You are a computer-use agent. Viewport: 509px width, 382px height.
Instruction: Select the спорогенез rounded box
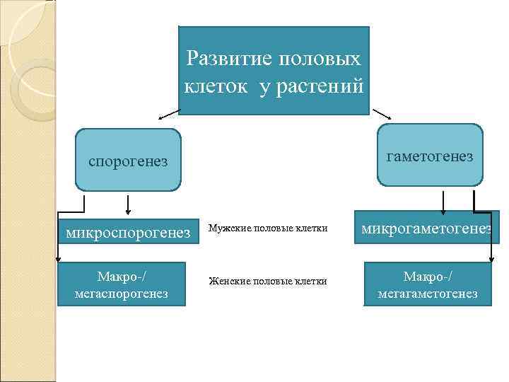point(128,161)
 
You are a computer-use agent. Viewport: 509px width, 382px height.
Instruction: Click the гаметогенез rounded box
point(430,156)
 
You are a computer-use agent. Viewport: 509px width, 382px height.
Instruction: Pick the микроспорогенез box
point(127,229)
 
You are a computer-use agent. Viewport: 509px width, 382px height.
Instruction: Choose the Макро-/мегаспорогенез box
point(122,284)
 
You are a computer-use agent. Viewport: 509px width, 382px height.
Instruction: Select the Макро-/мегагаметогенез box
point(427,284)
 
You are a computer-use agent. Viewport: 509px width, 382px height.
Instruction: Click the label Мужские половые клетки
point(268,228)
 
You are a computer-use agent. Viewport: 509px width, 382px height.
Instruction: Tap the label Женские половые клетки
point(267,282)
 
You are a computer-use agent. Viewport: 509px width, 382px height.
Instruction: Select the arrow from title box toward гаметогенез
point(382,115)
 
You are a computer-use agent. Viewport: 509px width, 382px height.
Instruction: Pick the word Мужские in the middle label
point(228,228)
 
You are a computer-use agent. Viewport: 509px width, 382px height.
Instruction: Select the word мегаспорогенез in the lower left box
point(122,294)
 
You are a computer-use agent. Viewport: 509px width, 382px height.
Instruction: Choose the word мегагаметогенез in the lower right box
point(427,294)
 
